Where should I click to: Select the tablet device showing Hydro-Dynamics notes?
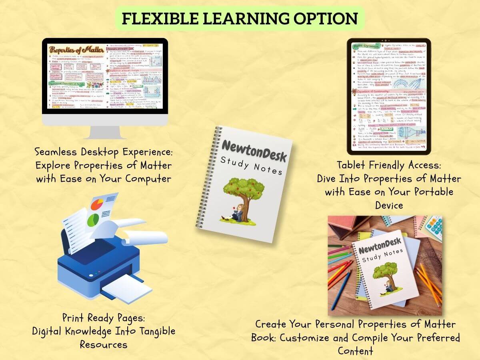[x=388, y=96]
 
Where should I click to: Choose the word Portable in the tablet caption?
[x=431, y=192]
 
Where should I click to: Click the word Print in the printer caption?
[x=74, y=318]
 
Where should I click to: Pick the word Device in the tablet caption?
[x=388, y=205]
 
